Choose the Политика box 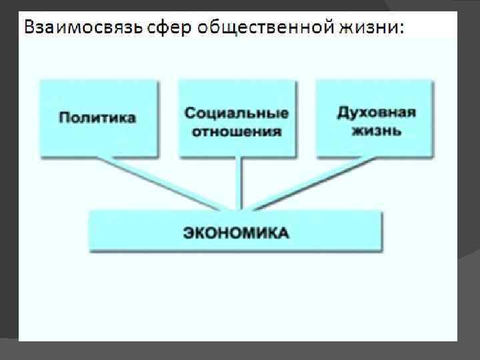point(99,117)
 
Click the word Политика point(97,118)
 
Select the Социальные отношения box point(237,119)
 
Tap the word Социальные point(237,111)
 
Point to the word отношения point(237,131)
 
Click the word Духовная point(376,111)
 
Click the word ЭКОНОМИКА point(236,233)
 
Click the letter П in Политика point(64,118)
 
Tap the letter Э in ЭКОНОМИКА point(189,233)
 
